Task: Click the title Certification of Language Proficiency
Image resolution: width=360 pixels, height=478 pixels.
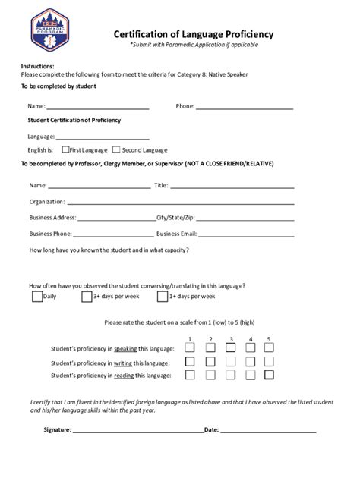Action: point(194,34)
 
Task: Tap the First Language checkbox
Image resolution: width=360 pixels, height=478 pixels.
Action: point(66,149)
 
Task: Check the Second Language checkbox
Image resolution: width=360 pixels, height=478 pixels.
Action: point(116,149)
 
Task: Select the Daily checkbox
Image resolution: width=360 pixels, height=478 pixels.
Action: point(37,297)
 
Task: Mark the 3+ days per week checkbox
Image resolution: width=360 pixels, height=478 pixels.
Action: point(87,297)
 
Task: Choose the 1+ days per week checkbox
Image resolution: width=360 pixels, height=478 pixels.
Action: point(163,297)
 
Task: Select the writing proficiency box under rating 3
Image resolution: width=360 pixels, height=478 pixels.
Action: point(229,361)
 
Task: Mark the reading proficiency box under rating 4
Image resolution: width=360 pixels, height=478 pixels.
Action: point(249,375)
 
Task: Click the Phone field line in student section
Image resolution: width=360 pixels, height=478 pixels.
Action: point(244,109)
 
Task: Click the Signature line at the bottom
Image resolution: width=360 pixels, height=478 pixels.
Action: point(137,432)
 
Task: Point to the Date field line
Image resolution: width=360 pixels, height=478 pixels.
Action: point(267,432)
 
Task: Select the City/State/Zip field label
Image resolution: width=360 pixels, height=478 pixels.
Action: point(175,218)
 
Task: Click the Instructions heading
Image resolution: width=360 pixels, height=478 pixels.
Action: point(37,67)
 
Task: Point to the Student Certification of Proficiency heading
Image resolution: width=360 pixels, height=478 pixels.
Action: point(74,121)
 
